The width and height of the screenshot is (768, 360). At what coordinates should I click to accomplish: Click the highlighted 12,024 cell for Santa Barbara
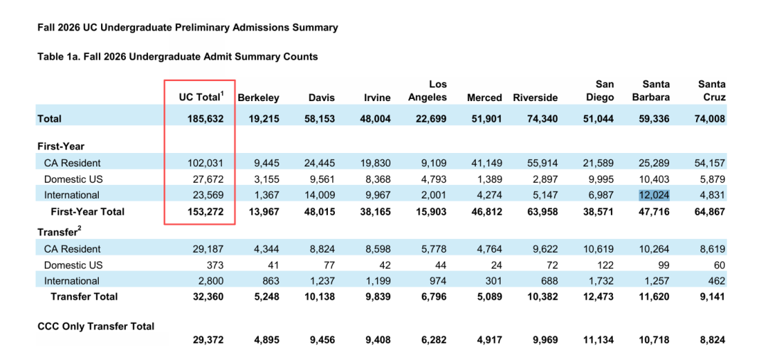[654, 195]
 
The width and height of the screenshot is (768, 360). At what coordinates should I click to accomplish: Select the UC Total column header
[201, 97]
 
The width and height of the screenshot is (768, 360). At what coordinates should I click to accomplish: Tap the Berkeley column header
[258, 97]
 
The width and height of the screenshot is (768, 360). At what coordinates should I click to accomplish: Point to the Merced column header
[484, 97]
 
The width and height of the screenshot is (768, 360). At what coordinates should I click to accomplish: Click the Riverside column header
[535, 97]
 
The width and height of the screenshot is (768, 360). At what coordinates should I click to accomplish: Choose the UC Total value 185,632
[206, 119]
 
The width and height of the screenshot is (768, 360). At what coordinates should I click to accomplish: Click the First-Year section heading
[60, 147]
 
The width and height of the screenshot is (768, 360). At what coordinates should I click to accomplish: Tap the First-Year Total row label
[87, 211]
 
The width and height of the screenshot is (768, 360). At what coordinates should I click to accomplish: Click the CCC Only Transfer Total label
[96, 326]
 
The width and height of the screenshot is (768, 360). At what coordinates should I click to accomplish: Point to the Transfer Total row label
[84, 297]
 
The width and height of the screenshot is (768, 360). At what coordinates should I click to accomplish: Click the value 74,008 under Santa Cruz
[709, 119]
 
